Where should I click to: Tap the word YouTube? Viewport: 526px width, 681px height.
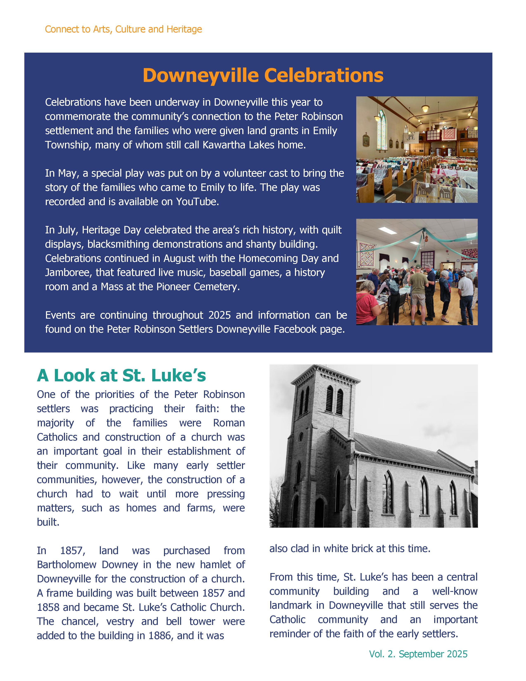pos(197,202)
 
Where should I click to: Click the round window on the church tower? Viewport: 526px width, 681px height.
pos(301,436)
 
